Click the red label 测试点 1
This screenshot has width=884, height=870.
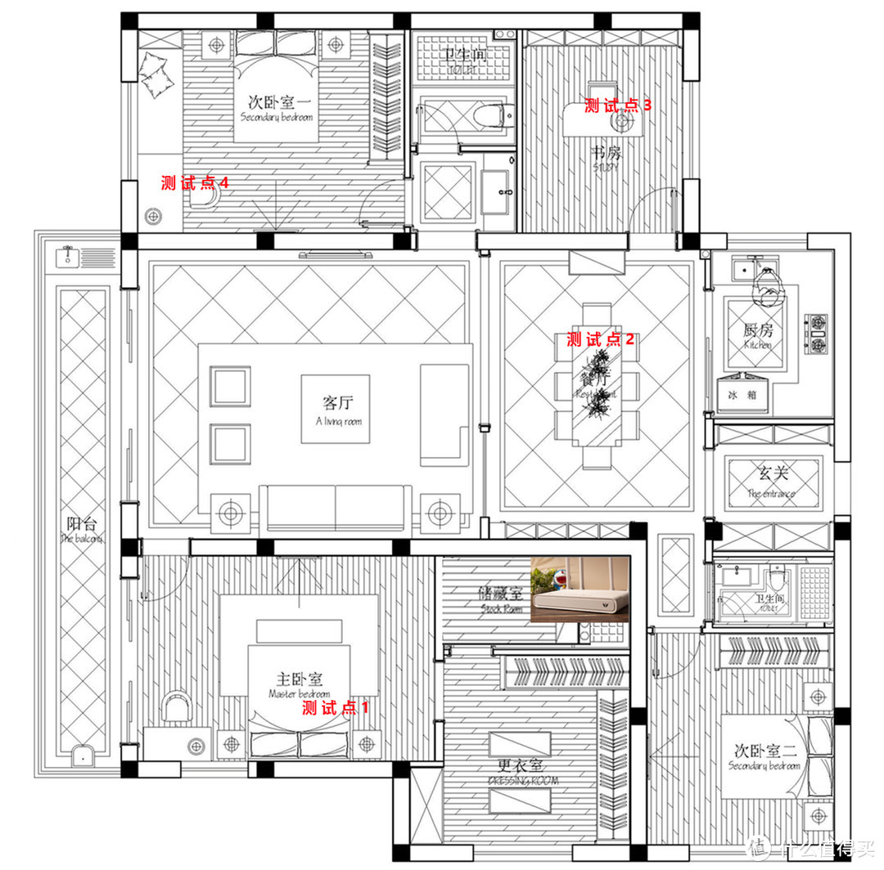336,707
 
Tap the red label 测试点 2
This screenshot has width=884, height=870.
600,339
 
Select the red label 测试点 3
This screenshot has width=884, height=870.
618,105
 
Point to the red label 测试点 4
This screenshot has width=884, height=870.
194,183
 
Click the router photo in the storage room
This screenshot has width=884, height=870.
580,589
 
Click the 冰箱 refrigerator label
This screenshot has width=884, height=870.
742,394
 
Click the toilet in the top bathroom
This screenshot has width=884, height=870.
491,115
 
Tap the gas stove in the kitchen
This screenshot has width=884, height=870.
819,335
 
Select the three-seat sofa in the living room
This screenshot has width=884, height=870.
336,507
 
